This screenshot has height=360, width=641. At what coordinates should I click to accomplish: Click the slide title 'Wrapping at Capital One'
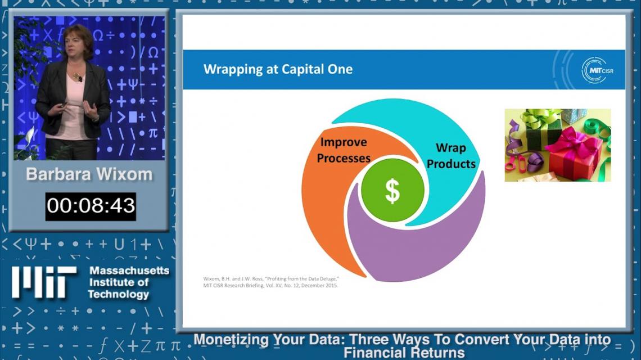[278, 69]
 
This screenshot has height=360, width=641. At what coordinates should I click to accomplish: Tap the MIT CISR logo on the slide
[597, 70]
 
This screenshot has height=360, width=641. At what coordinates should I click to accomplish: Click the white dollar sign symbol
[392, 191]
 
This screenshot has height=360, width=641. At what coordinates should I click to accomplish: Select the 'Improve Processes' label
[344, 150]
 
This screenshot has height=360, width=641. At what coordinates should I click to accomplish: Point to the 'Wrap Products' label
[451, 155]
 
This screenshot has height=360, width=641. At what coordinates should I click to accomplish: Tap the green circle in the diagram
[392, 190]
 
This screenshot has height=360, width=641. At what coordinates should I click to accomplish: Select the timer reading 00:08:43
[91, 206]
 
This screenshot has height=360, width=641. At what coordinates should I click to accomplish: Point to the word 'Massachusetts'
[129, 271]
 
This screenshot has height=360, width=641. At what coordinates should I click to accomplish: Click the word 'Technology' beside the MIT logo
[119, 294]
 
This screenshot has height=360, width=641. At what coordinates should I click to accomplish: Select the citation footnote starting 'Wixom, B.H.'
[270, 282]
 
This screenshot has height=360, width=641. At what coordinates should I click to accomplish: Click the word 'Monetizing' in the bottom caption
[232, 339]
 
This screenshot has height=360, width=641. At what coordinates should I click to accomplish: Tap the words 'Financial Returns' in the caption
[404, 353]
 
